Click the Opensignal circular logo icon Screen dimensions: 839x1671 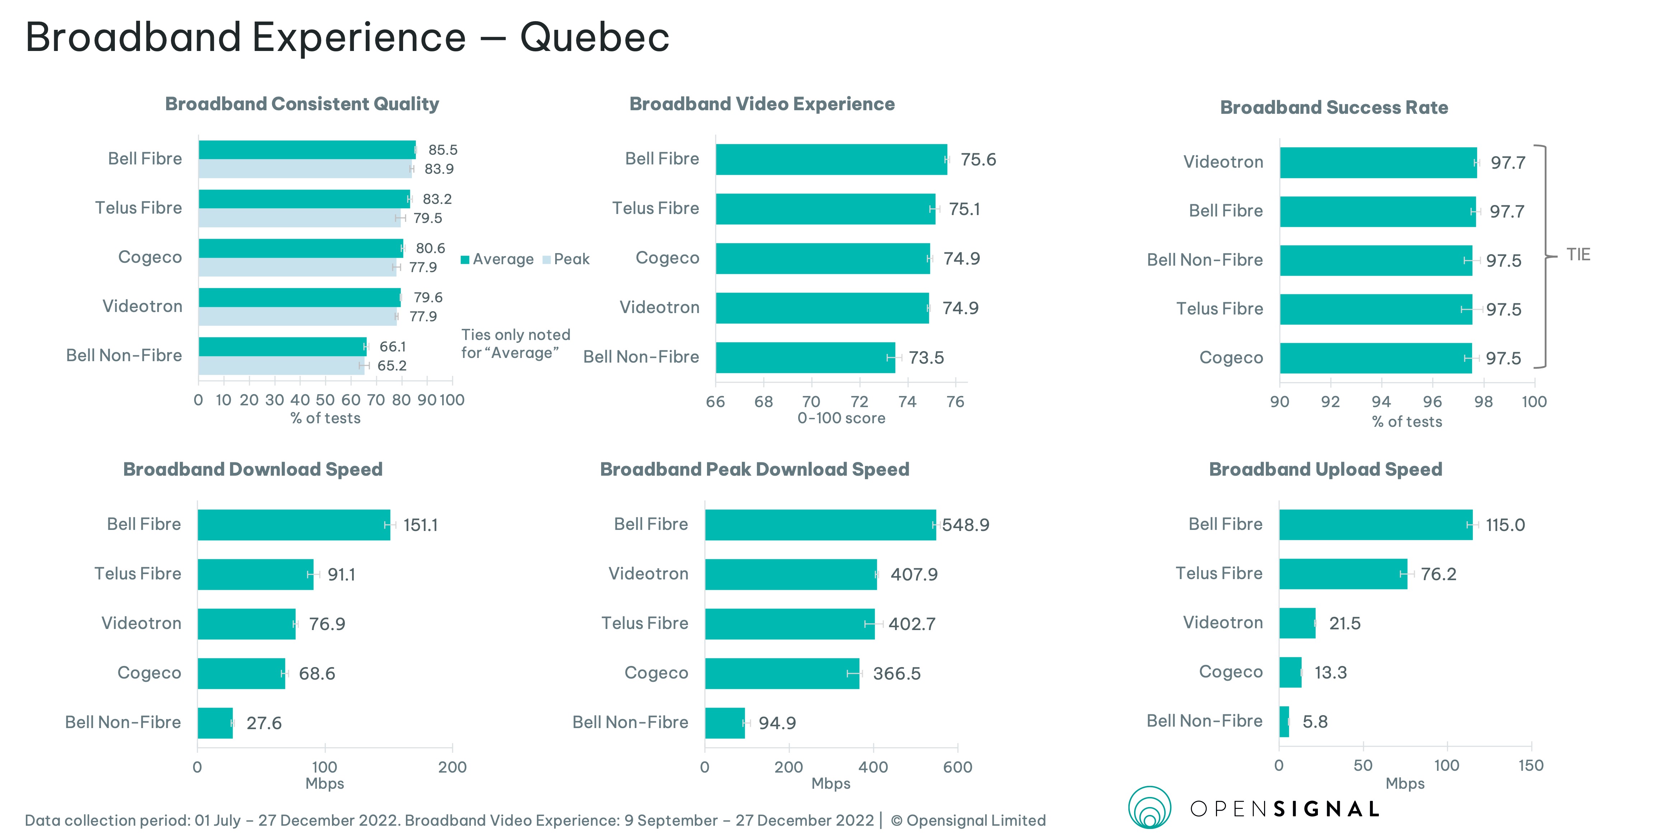pyautogui.click(x=1150, y=808)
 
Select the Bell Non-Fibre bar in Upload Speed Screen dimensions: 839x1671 pyautogui.click(x=1284, y=722)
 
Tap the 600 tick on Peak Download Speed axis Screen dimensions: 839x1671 pyautogui.click(x=958, y=767)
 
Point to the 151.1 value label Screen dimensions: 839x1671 pyautogui.click(x=420, y=525)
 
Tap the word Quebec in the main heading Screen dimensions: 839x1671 pyautogui.click(x=594, y=37)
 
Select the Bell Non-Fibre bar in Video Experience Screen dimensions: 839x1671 pyautogui.click(x=805, y=358)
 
